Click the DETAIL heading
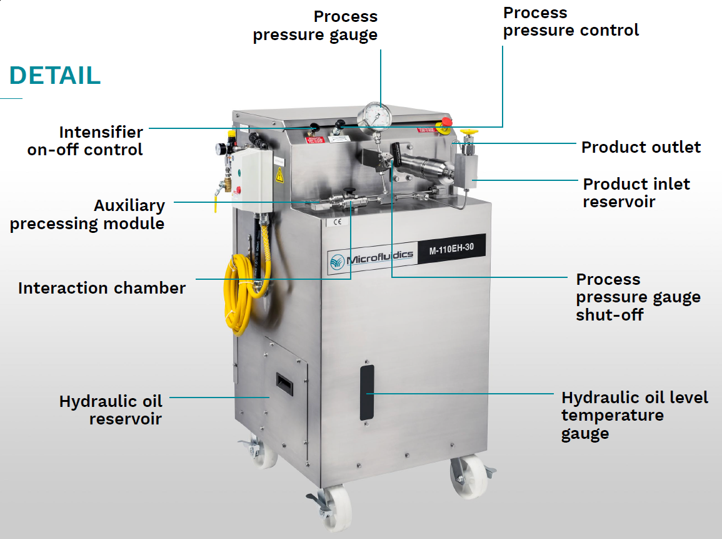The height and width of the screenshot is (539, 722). click(x=54, y=75)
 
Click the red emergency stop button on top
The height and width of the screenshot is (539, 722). click(x=446, y=121)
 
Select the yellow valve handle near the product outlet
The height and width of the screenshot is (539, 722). click(x=468, y=133)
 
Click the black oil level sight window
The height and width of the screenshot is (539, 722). click(x=367, y=393)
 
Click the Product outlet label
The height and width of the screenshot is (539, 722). click(x=641, y=147)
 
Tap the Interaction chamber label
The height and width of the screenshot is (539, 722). click(x=102, y=288)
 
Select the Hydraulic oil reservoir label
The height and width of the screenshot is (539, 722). click(x=111, y=410)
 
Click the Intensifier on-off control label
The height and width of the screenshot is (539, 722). click(x=85, y=141)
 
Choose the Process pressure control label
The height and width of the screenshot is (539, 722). click(x=571, y=21)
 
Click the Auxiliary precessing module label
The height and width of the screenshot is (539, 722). click(x=88, y=214)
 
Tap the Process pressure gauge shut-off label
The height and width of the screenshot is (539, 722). click(x=638, y=297)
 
